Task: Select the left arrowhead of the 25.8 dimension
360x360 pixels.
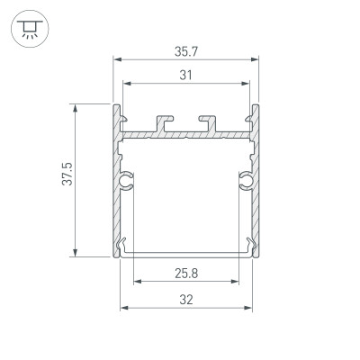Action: pyautogui.click(x=138, y=281)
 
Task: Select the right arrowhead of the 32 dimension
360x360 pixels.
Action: pyautogui.click(x=247, y=309)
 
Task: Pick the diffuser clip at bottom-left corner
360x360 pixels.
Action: pyautogui.click(x=122, y=243)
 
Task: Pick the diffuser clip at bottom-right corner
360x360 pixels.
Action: pyautogui.click(x=248, y=243)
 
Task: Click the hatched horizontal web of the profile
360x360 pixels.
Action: pyautogui.click(x=185, y=134)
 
